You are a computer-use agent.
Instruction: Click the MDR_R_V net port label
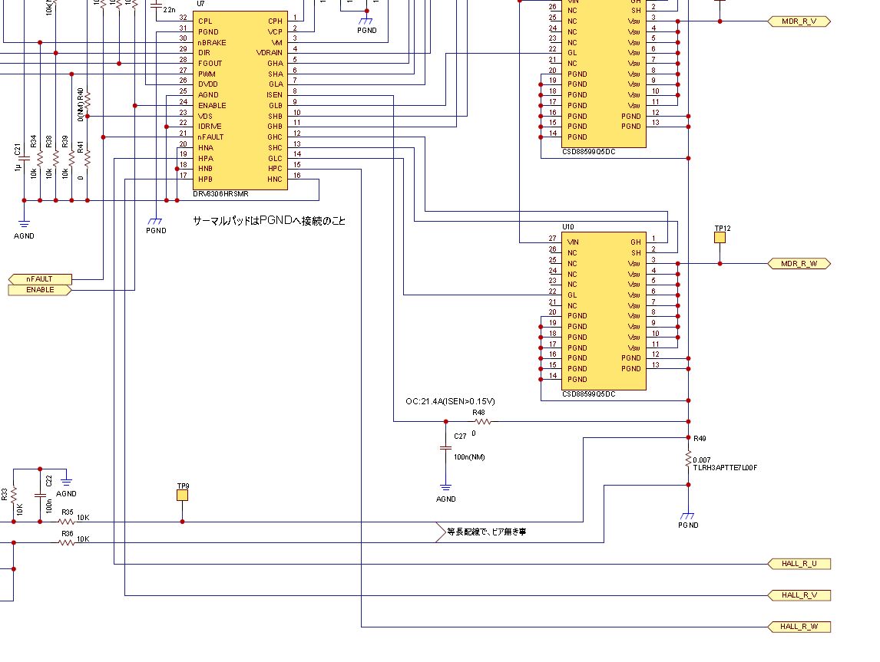tap(799, 21)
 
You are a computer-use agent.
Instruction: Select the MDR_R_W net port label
tap(799, 264)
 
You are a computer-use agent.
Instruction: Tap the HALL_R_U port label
tap(799, 564)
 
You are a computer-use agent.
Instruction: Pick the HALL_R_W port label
tap(799, 627)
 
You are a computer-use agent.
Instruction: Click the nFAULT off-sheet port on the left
tap(40, 279)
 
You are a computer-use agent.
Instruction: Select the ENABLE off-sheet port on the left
tap(40, 290)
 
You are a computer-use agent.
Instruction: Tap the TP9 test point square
tap(182, 496)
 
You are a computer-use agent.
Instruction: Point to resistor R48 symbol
tap(482, 421)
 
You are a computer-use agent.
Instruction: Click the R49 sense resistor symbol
tap(688, 460)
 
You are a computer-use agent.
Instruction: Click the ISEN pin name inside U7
tap(274, 95)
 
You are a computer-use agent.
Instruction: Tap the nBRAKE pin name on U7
tap(211, 42)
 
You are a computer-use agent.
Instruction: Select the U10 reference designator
tap(567, 227)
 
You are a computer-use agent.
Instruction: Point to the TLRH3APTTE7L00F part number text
tap(725, 468)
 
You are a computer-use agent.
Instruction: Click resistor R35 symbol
tap(68, 522)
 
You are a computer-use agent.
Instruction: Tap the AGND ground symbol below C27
tap(445, 487)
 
